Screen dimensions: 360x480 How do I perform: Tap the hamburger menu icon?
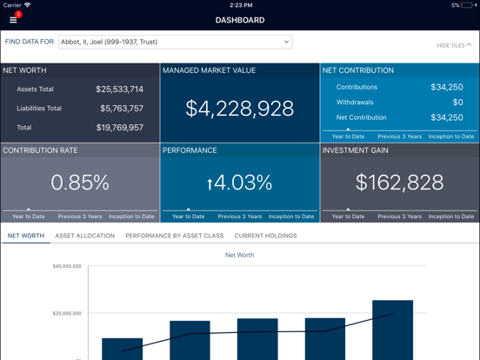click(13, 19)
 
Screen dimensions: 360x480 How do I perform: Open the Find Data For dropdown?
click(175, 42)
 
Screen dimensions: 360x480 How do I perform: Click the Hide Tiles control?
click(454, 45)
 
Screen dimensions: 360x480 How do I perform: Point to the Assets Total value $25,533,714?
click(120, 89)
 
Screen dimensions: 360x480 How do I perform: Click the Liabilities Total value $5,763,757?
click(120, 109)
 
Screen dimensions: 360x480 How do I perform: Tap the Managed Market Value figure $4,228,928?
click(239, 109)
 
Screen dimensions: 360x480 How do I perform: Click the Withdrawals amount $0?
click(457, 103)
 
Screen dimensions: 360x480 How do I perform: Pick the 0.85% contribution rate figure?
click(80, 183)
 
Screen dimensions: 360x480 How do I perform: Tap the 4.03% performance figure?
click(240, 183)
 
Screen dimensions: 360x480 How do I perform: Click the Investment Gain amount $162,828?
click(399, 183)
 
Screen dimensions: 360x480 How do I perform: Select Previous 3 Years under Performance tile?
click(240, 217)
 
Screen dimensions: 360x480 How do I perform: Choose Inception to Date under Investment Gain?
click(450, 217)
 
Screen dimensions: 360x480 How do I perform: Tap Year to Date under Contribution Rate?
click(28, 217)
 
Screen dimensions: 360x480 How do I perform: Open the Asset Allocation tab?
click(84, 236)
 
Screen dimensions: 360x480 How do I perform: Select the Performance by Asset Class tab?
click(174, 236)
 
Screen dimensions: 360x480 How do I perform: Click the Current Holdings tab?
click(265, 236)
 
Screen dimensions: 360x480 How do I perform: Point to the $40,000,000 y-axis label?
click(67, 266)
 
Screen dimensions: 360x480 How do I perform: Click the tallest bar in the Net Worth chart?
click(392, 330)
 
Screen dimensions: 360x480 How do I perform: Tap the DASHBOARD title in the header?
click(240, 20)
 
